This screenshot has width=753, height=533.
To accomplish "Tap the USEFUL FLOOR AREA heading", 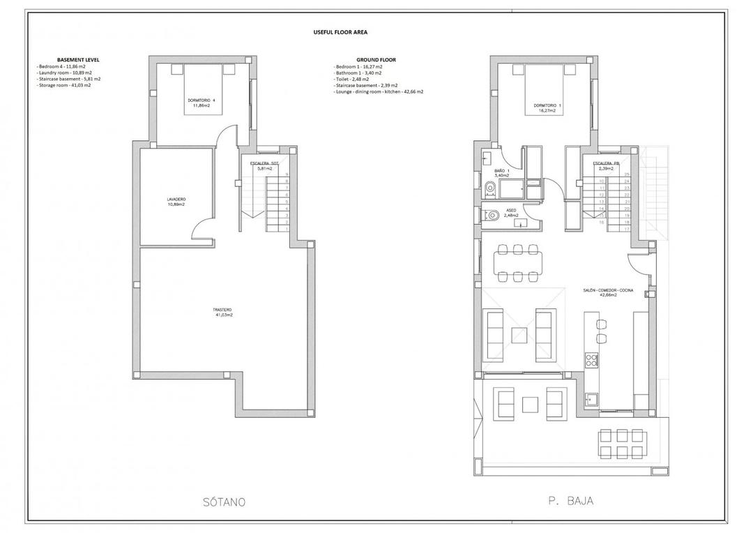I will coord(342,32).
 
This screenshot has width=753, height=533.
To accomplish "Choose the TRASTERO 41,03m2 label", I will coord(223,312).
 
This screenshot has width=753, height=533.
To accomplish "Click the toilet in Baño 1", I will coord(490,186).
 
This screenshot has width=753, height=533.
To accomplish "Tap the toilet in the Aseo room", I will coord(492,215).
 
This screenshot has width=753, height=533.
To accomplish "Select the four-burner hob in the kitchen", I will coord(591,361).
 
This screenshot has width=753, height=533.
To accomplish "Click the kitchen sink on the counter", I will coord(592,399).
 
